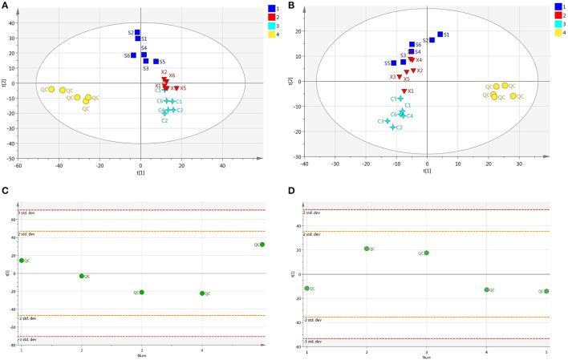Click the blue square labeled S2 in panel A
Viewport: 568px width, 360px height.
point(137,33)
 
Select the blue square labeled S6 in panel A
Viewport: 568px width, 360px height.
point(134,55)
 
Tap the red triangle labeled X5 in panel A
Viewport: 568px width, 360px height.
point(176,88)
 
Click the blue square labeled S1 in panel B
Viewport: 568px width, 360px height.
point(440,34)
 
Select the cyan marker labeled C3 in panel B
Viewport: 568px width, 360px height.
point(387,121)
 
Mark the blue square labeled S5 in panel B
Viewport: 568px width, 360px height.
point(394,63)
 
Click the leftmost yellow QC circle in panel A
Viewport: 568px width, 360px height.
point(51,89)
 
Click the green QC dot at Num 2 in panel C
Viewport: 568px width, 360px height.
point(82,276)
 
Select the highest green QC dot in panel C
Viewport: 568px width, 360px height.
point(262,245)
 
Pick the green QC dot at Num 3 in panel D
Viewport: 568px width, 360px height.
point(426,253)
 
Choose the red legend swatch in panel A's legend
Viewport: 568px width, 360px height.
point(271,17)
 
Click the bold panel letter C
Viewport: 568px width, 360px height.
point(6,192)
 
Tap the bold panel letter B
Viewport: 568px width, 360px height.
point(290,6)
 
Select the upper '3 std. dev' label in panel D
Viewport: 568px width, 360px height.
point(313,212)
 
